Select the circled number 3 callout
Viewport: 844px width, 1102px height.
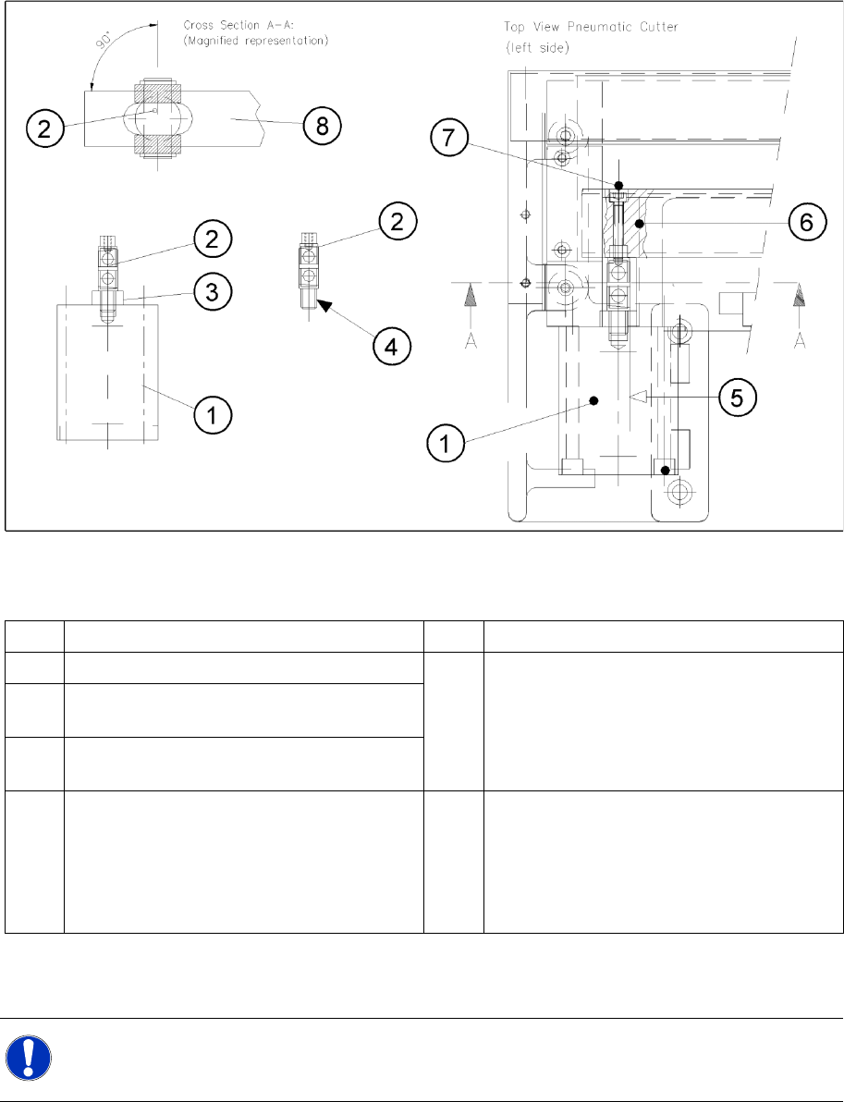[212, 290]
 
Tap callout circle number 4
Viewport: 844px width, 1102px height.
[391, 348]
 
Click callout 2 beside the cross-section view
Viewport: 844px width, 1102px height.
[45, 128]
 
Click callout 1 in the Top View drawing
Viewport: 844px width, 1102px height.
[446, 444]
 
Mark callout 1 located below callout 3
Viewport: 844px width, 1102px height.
[212, 417]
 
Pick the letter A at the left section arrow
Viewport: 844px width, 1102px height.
[471, 342]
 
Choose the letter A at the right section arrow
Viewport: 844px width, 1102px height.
[801, 342]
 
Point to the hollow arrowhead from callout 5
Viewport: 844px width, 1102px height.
[636, 397]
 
